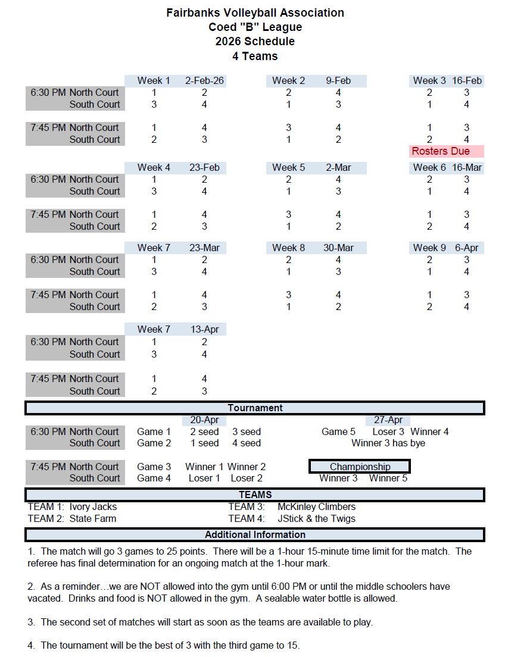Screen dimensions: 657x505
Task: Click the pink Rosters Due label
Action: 441,151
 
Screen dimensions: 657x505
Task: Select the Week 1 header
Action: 154,80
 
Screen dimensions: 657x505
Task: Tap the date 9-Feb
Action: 338,80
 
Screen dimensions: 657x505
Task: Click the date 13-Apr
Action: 204,329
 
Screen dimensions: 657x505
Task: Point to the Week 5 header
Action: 289,167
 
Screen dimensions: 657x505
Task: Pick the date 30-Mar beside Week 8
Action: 338,248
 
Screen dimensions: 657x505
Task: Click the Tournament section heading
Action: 255,408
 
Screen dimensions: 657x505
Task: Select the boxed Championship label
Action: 360,467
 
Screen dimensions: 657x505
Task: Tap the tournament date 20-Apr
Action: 204,420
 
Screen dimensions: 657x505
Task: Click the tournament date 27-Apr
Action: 388,420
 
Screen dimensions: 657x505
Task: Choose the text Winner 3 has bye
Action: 388,443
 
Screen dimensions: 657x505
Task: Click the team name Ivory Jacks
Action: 93,506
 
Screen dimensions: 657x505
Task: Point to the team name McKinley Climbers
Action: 316,506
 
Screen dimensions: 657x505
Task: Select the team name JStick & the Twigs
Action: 316,518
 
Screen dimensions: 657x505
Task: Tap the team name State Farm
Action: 92,518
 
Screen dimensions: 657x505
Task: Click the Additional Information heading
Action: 255,534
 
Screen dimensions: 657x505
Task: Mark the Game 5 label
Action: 338,431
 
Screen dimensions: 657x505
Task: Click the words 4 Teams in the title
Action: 255,57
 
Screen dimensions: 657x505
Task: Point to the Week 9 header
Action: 429,248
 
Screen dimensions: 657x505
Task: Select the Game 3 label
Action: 154,467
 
